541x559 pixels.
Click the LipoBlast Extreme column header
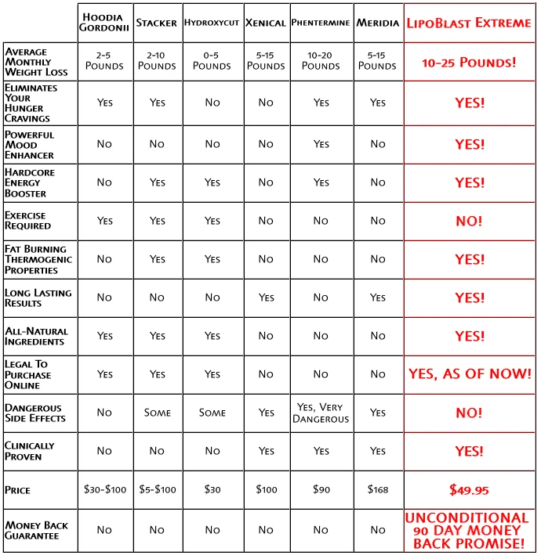[x=470, y=23]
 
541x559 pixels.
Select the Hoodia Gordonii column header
[x=104, y=23]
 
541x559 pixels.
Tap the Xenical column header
[x=265, y=23]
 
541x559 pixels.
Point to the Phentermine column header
[x=321, y=23]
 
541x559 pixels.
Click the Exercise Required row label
[x=28, y=221]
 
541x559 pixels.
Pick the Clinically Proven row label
[x=30, y=451]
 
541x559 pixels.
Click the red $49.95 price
[x=469, y=490]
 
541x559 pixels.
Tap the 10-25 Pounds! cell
[x=469, y=61]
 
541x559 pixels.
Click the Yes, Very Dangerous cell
[x=321, y=413]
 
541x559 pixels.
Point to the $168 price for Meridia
[x=378, y=490]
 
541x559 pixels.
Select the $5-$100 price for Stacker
[x=157, y=490]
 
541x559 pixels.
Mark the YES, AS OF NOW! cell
[x=469, y=374]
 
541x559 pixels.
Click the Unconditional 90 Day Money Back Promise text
[x=469, y=530]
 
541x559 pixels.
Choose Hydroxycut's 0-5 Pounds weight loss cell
[x=212, y=61]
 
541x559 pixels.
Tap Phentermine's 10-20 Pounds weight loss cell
[x=321, y=61]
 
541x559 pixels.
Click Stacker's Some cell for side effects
[x=157, y=413]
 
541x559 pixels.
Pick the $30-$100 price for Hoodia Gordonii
[x=104, y=490]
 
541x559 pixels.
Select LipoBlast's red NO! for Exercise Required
[x=469, y=221]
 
